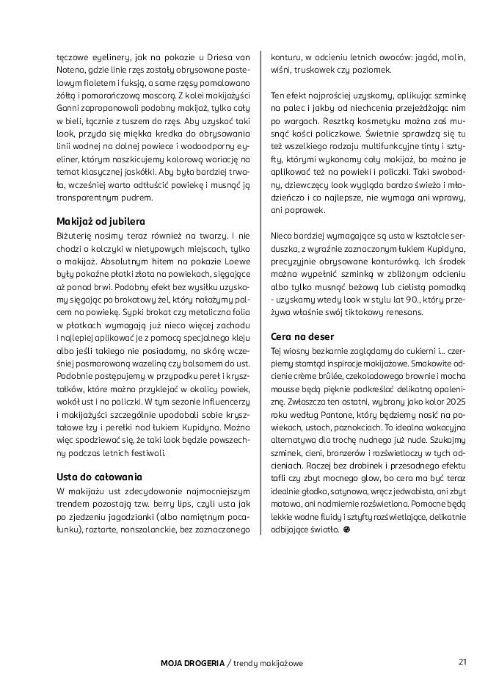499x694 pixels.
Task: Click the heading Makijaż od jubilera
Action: pos(101,221)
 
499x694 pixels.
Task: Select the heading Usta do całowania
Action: pos(99,476)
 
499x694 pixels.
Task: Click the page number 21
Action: pos(462,662)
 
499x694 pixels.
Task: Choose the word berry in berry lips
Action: pos(156,502)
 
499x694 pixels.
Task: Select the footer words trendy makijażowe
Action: pos(268,663)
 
